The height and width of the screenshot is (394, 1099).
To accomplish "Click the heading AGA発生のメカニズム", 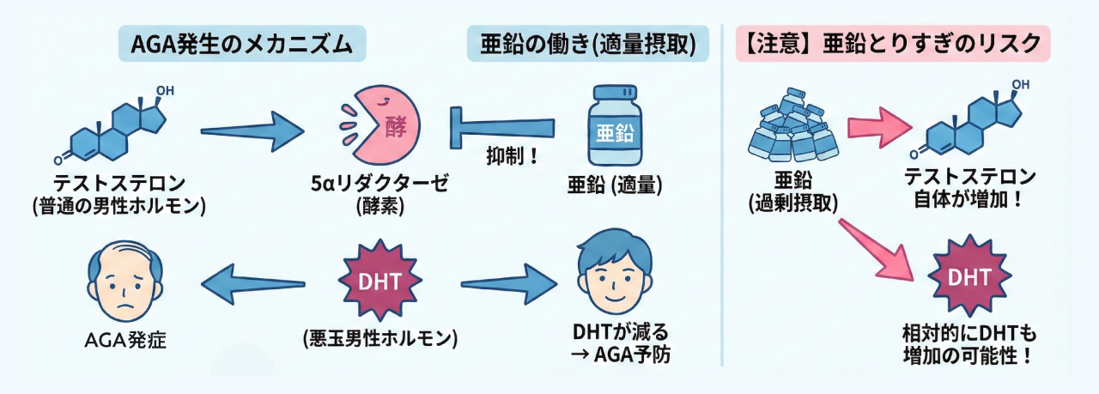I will coord(241,44).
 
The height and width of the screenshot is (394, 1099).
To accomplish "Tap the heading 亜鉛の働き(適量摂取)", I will coord(588,44).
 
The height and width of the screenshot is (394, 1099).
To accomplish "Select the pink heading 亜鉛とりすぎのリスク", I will coord(893,44).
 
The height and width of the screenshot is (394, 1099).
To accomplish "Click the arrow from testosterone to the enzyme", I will coord(252,130).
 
